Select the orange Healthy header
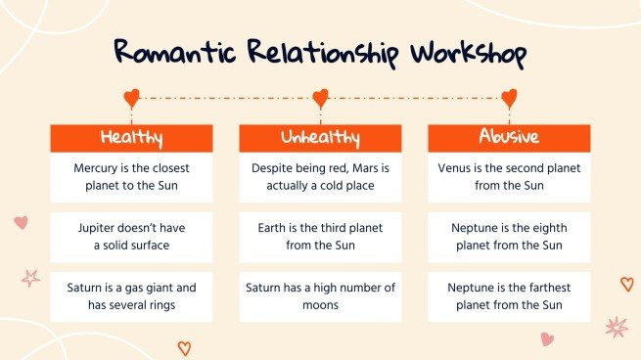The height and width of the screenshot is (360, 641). [131, 138]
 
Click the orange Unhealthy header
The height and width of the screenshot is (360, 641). [320, 138]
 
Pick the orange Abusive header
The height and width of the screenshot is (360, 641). [509, 138]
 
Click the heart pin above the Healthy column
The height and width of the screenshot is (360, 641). [131, 98]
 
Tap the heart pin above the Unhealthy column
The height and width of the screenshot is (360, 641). [320, 98]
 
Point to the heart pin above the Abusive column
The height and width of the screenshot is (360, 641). [509, 98]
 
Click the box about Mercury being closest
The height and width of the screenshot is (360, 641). [131, 176]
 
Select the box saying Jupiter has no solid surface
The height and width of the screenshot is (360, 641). [131, 237]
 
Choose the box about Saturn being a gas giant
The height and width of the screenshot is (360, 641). [131, 296]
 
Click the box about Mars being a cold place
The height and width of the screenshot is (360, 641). [320, 176]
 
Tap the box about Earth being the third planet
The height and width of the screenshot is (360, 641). [320, 237]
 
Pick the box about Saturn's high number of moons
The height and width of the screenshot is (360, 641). [320, 296]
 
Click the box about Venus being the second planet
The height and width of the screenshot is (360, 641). [509, 176]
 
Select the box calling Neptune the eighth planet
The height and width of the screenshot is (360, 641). [509, 237]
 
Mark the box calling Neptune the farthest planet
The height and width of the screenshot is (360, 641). [509, 296]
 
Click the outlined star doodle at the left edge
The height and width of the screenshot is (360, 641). [30, 278]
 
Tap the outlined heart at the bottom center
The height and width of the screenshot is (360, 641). [183, 347]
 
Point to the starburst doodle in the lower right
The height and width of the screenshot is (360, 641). [616, 327]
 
